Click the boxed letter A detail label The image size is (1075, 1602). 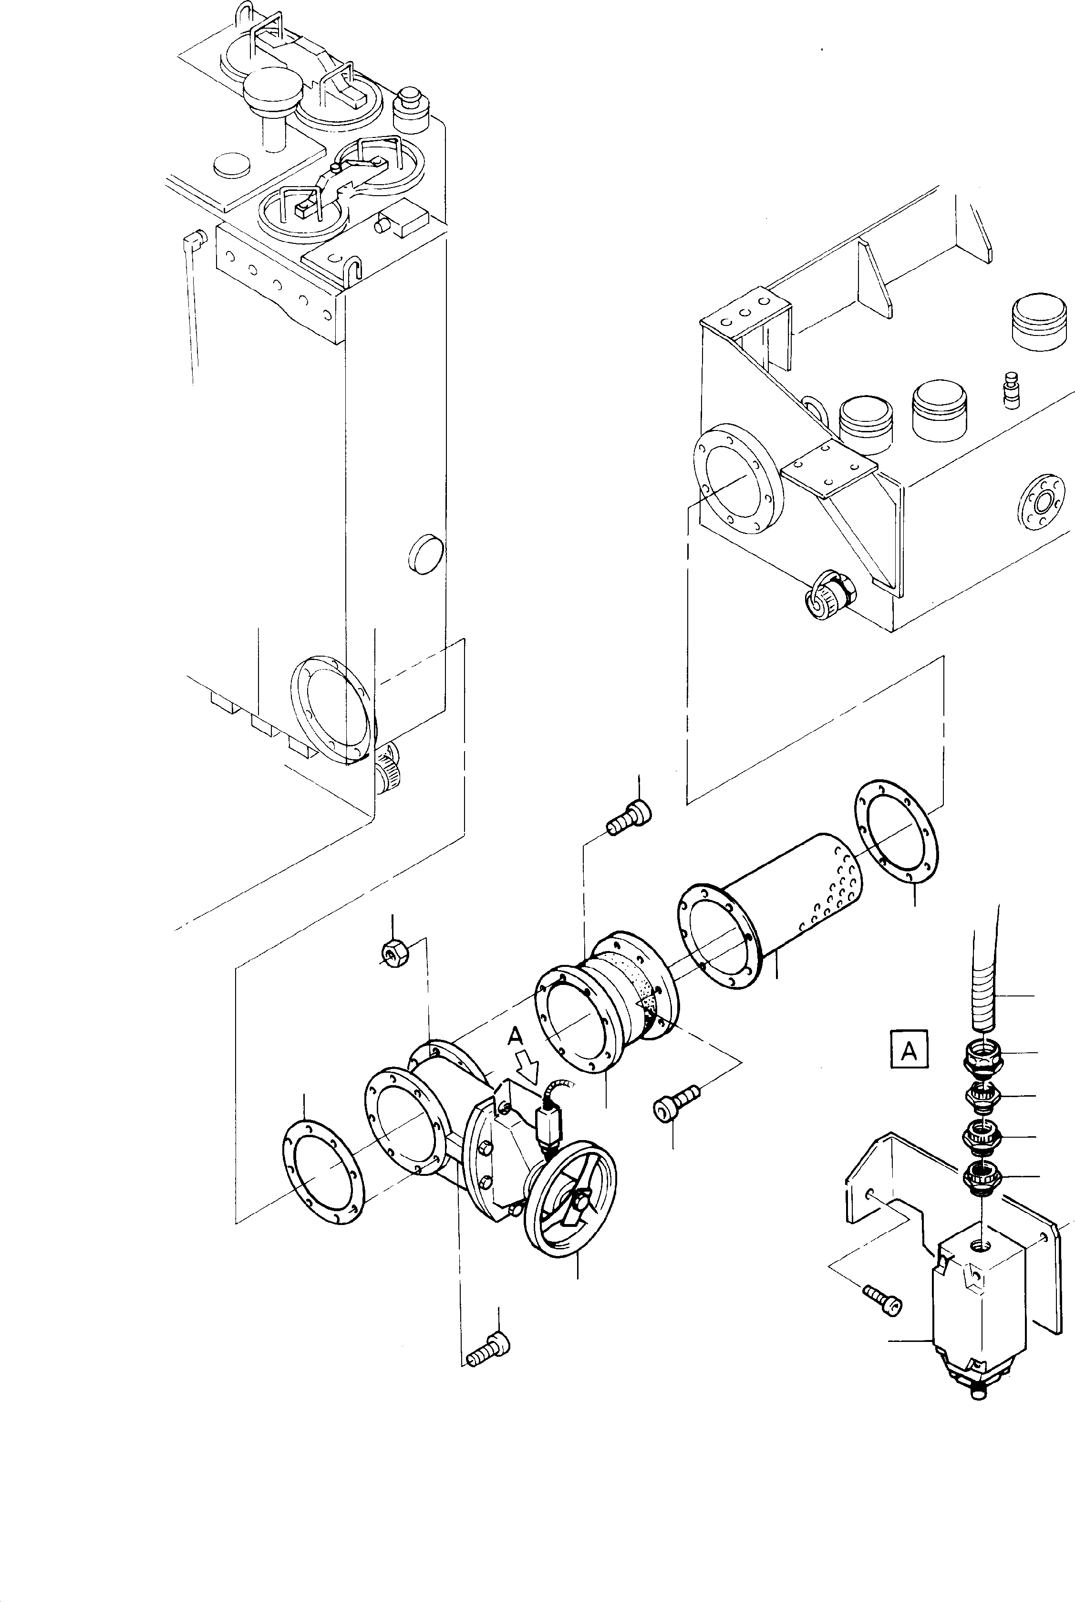click(x=909, y=1068)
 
